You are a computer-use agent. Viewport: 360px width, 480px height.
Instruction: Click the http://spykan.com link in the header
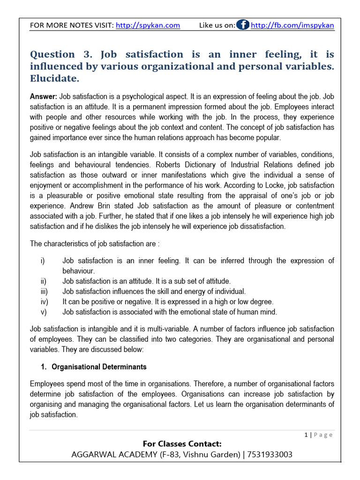[148, 25]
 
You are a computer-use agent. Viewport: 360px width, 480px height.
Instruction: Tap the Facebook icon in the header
[243, 25]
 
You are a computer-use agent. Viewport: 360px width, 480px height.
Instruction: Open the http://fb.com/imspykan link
[292, 25]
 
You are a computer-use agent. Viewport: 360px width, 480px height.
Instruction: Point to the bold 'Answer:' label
[43, 97]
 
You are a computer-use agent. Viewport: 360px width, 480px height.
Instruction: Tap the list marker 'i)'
[43, 261]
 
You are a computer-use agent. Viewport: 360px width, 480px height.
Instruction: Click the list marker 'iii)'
[44, 291]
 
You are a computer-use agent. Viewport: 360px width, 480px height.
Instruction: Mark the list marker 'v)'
[43, 312]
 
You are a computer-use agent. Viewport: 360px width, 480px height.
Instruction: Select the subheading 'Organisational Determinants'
[99, 367]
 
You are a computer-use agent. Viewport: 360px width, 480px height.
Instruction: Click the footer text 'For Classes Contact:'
[182, 443]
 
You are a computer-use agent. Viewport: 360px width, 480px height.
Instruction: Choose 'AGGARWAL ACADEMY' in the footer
[105, 455]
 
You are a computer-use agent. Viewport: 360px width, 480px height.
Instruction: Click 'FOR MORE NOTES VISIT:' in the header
[72, 25]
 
